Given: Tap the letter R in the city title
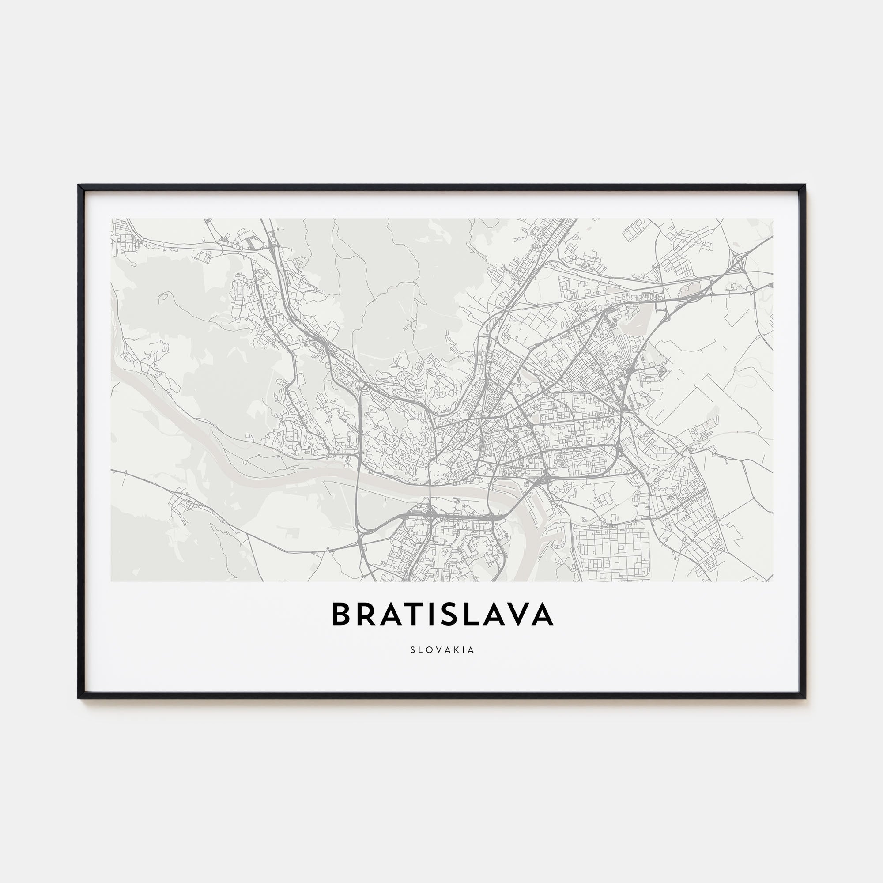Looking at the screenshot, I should pos(366,614).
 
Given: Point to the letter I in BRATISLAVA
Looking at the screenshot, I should pos(432,614).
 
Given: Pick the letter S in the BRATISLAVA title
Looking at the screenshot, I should pos(450,614).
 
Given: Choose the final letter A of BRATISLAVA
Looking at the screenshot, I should pos(542,614).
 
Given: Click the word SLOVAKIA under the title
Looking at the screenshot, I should pos(442,649).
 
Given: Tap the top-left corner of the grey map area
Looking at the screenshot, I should pos(112,219).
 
